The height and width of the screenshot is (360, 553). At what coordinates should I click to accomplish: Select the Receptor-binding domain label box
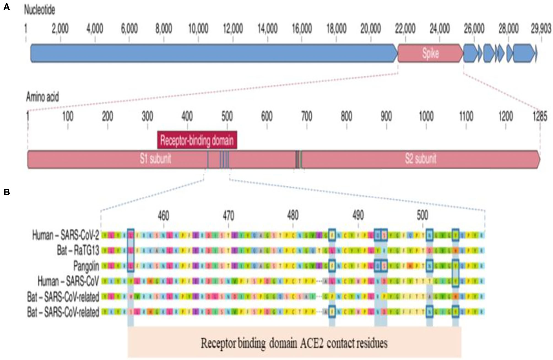[x=197, y=140]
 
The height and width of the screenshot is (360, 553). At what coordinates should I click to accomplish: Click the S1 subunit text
[x=155, y=159]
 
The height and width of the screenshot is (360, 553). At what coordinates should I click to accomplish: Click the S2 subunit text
[x=421, y=159]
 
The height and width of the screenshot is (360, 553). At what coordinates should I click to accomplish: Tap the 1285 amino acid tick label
[x=540, y=117]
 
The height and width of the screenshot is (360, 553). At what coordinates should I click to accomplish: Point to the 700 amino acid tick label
[x=307, y=117]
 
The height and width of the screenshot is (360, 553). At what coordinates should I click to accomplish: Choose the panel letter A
[x=7, y=7]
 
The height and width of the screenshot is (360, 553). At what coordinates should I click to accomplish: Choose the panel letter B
[x=7, y=192]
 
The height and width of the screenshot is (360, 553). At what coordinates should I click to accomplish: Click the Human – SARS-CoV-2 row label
[x=66, y=235]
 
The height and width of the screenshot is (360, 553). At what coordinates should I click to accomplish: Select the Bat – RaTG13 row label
[x=78, y=251]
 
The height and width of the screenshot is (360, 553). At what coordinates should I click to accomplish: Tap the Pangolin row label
[x=86, y=266]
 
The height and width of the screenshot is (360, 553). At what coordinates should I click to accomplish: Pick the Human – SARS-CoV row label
[x=68, y=281]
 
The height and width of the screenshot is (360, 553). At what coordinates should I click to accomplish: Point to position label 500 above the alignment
[x=422, y=215]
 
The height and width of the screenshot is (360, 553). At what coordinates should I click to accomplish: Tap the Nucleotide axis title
[x=40, y=10]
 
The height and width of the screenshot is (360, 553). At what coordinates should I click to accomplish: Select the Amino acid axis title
[x=42, y=97]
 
